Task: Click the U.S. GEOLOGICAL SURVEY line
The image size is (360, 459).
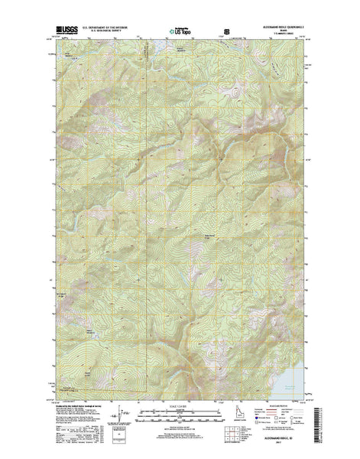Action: [104, 34]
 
